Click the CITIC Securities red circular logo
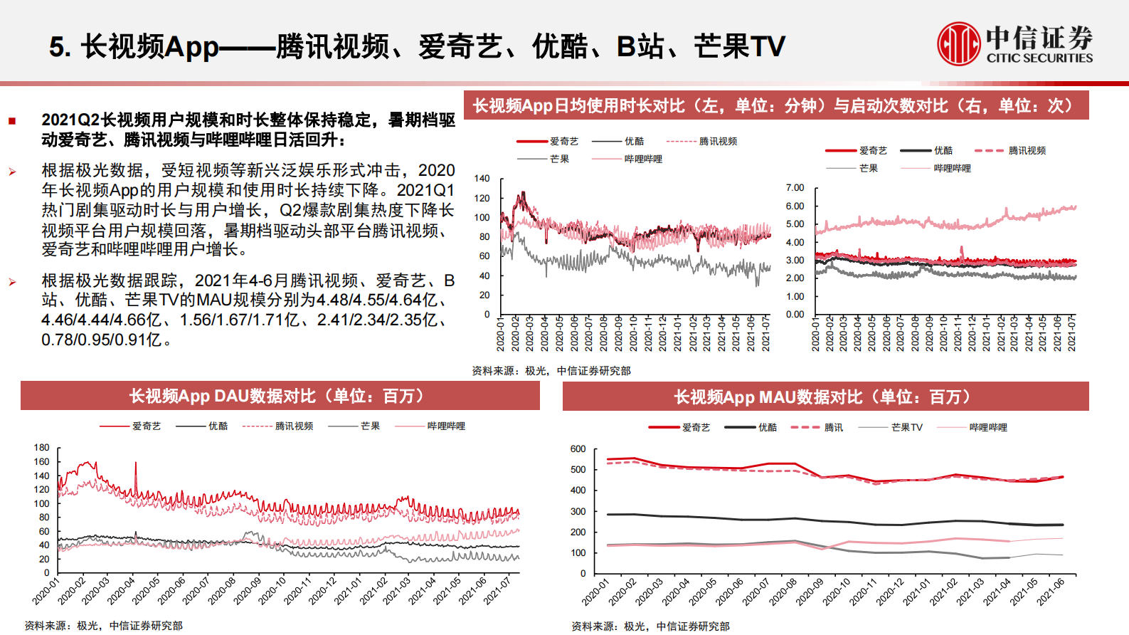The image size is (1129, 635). [958, 44]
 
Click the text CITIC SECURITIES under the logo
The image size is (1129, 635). [1039, 58]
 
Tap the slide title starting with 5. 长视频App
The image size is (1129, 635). [417, 47]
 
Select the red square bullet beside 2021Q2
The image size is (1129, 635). [12, 121]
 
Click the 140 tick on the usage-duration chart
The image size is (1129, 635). [482, 179]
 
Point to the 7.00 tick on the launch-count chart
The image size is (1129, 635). [795, 188]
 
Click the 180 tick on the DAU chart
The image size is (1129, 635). [42, 448]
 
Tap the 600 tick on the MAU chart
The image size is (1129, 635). [578, 449]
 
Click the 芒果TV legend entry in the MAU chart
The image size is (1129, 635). [906, 428]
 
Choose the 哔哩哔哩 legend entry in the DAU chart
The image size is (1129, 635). [446, 426]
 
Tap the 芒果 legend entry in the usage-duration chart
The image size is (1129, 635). [559, 159]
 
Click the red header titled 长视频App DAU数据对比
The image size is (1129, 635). [280, 397]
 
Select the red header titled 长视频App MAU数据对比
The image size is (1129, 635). [825, 397]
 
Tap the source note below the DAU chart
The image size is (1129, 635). [103, 626]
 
